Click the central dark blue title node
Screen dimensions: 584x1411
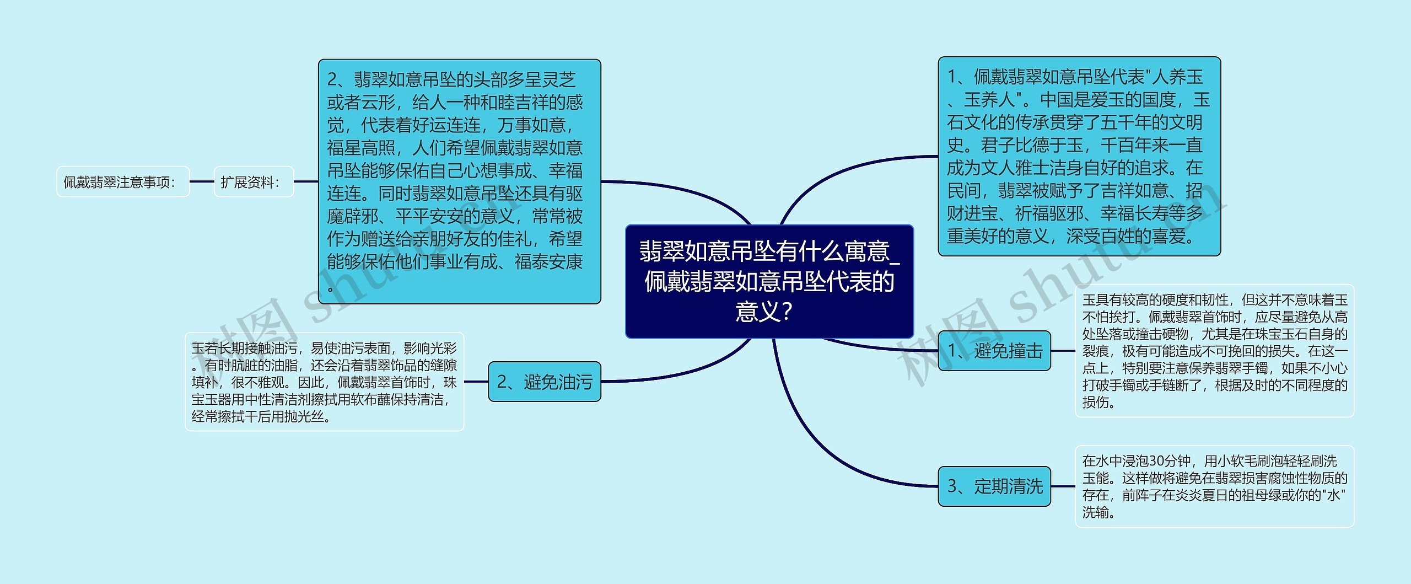769,281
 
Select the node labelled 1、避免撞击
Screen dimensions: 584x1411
994,351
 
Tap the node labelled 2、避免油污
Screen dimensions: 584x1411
545,382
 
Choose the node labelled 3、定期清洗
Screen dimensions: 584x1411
994,486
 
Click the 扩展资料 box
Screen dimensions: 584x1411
254,182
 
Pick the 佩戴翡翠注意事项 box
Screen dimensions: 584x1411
123,182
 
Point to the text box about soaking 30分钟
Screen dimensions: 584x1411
1214,486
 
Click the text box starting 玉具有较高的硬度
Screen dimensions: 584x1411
1214,351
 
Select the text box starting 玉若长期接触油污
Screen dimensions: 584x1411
325,382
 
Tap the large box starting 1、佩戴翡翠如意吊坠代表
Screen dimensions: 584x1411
1079,157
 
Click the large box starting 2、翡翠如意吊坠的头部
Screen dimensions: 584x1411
459,182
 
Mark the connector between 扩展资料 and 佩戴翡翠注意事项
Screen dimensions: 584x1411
202,181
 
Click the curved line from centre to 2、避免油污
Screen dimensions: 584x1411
689,369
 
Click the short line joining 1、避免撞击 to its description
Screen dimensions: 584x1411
1063,351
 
